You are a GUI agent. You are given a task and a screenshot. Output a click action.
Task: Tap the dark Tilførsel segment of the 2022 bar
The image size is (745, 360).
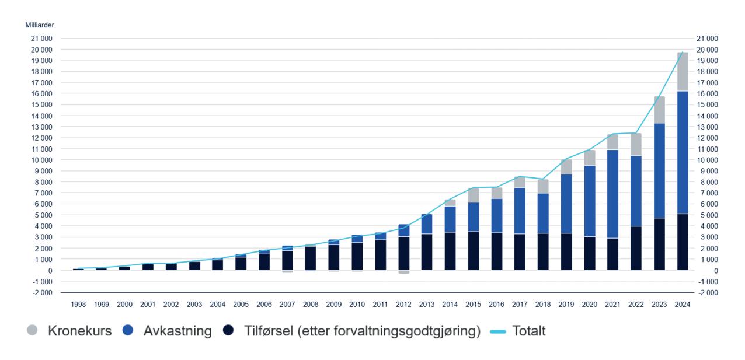[x=636, y=248]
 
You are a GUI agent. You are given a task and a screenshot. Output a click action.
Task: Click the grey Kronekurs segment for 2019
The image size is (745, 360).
[x=566, y=167]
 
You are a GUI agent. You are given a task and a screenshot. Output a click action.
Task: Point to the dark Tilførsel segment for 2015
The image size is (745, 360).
[x=474, y=251]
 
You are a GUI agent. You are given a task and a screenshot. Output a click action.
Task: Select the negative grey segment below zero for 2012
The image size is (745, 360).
[x=404, y=272]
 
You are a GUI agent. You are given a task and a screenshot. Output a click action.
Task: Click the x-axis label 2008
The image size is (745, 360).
[x=311, y=305]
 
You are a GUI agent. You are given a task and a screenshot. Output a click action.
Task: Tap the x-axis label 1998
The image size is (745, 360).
[x=78, y=305]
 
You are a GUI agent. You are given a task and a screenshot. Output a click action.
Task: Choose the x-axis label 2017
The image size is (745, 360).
[x=520, y=305]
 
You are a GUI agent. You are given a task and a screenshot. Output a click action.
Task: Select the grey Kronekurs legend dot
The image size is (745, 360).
[x=32, y=331]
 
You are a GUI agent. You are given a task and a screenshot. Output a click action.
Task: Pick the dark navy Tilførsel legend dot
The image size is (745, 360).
[x=228, y=331]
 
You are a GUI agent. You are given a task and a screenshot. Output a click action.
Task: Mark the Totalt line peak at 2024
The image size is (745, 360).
[x=683, y=53]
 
